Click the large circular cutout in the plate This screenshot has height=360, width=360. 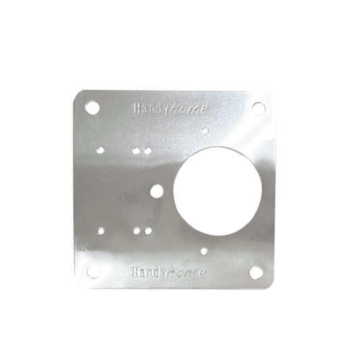217,191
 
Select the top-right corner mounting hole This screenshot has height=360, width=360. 259,108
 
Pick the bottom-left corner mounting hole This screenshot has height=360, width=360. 93,272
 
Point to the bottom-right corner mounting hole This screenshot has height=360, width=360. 256,272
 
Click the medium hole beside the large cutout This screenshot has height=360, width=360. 157,191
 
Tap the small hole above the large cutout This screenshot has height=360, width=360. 205,131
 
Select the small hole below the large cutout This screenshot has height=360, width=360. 203,251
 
